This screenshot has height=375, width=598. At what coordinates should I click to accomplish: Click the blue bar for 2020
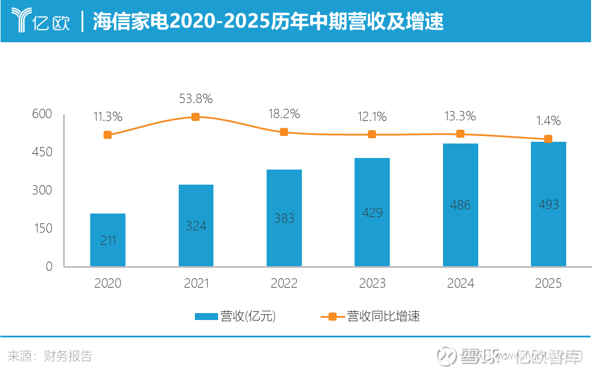108,240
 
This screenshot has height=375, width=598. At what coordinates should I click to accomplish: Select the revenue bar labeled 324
196,225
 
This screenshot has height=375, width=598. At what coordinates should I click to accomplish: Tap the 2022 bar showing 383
284,218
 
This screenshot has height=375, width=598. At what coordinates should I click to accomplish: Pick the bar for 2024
460,205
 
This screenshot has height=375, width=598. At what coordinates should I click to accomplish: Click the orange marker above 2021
195,117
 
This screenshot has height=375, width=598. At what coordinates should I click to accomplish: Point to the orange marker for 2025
548,139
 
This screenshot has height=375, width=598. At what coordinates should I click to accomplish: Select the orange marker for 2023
372,134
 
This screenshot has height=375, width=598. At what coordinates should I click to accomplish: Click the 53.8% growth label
195,98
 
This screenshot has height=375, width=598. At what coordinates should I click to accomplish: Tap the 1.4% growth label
548,120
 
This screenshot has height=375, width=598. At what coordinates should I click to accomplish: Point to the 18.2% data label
284,113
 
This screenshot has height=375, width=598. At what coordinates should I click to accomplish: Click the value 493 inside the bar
548,204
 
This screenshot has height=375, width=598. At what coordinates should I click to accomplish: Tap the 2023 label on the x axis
372,283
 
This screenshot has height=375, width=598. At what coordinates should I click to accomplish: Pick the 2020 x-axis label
108,283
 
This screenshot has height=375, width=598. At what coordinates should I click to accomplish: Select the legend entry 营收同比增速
370,316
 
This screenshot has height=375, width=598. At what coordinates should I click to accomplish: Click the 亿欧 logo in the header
40,21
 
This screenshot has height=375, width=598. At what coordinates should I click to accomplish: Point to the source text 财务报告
68,356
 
